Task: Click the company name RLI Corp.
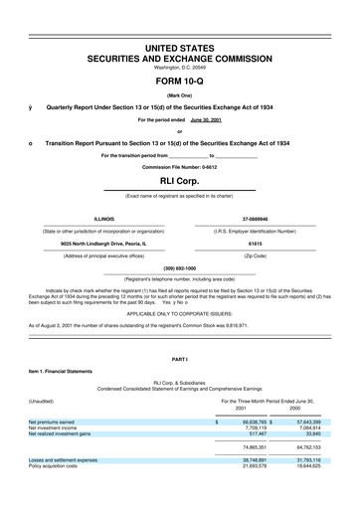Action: point(179,183)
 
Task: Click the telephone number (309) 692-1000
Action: point(179,267)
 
